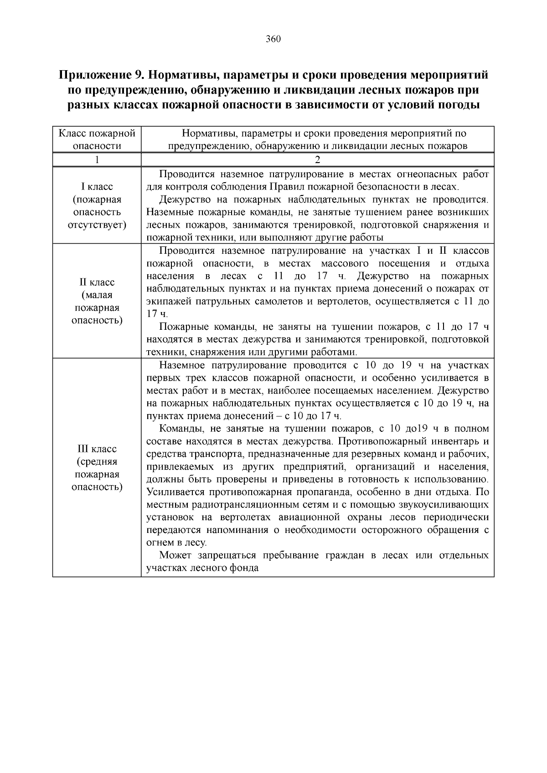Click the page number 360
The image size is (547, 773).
click(273, 39)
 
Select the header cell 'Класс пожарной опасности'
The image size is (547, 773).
click(97, 139)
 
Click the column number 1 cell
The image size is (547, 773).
click(97, 159)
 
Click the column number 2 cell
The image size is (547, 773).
click(318, 159)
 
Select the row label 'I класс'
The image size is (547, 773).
click(97, 187)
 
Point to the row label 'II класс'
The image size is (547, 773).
click(97, 282)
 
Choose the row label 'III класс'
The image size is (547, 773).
click(97, 449)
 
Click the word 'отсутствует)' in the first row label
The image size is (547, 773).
click(97, 225)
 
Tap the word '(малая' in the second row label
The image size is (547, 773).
click(97, 295)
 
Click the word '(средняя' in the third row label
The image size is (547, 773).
click(97, 462)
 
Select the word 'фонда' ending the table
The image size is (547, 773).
click(245, 568)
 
